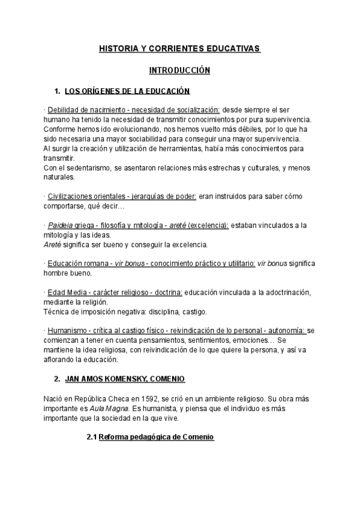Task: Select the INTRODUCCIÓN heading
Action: (180, 70)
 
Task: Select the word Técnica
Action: (58, 312)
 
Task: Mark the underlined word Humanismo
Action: (67, 330)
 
